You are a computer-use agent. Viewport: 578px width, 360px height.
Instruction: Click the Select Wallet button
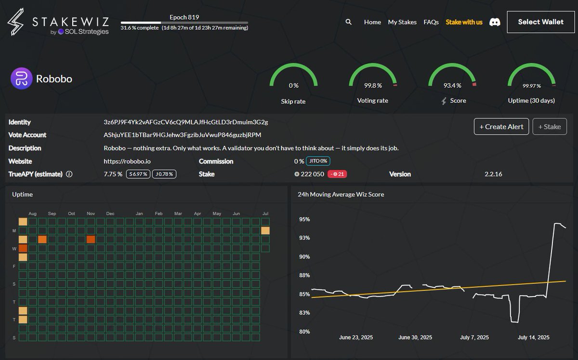[x=540, y=22]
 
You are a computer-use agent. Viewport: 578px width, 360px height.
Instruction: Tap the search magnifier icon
[x=348, y=22]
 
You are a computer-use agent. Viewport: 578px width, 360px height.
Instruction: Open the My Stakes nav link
[x=402, y=22]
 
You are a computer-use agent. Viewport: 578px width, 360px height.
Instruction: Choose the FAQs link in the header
[x=431, y=22]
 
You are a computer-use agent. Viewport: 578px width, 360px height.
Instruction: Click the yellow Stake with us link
[x=464, y=22]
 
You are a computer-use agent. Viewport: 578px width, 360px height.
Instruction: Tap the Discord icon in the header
[x=495, y=22]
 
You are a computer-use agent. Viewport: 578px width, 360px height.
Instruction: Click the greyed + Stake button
[x=550, y=127]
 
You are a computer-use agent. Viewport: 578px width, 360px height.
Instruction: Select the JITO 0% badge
[x=318, y=161]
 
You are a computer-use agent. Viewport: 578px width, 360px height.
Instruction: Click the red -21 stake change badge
[x=337, y=174]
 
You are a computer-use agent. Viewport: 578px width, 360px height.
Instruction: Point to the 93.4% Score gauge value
[x=452, y=85]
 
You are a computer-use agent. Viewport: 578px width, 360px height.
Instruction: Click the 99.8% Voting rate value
[x=373, y=85]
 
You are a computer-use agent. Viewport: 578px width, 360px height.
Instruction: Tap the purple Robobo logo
[x=21, y=78]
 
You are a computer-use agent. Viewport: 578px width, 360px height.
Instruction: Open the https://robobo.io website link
[x=127, y=161]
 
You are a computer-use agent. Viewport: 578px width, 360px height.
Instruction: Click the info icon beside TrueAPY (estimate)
[x=69, y=174]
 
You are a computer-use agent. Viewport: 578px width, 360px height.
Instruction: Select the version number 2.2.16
[x=493, y=174]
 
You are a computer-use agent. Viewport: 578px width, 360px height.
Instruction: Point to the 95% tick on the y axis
[x=304, y=219]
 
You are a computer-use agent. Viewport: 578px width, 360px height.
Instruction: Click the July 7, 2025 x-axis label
[x=474, y=337]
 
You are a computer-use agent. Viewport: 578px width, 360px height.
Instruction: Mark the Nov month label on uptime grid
[x=91, y=214]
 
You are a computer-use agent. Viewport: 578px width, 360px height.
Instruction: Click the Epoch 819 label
[x=184, y=17]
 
